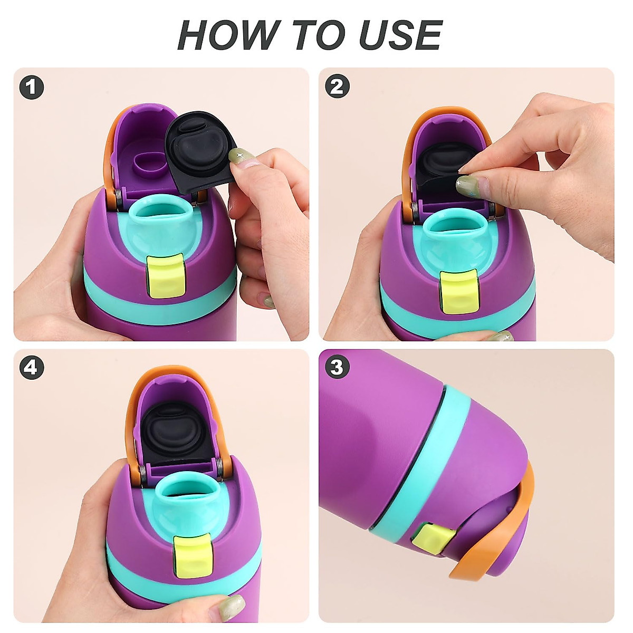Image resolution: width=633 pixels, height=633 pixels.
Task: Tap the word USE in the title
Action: [400, 35]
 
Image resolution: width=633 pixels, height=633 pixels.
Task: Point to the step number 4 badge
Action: [32, 367]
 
